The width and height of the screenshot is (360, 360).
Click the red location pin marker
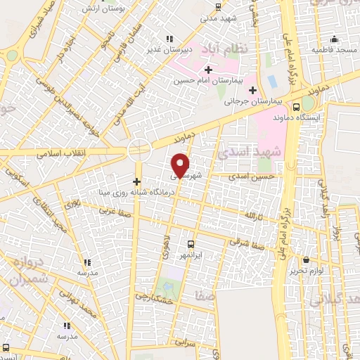click(x=181, y=165)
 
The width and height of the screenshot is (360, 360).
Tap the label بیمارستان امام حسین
click(x=209, y=81)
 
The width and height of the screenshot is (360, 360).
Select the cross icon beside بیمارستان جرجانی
click(x=252, y=89)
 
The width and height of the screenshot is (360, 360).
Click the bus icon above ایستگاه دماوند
click(x=296, y=108)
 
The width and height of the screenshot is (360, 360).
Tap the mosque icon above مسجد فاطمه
click(x=335, y=39)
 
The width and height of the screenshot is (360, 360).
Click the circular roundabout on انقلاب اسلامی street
click(x=139, y=150)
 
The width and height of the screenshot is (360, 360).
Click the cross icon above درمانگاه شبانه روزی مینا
click(x=136, y=181)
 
